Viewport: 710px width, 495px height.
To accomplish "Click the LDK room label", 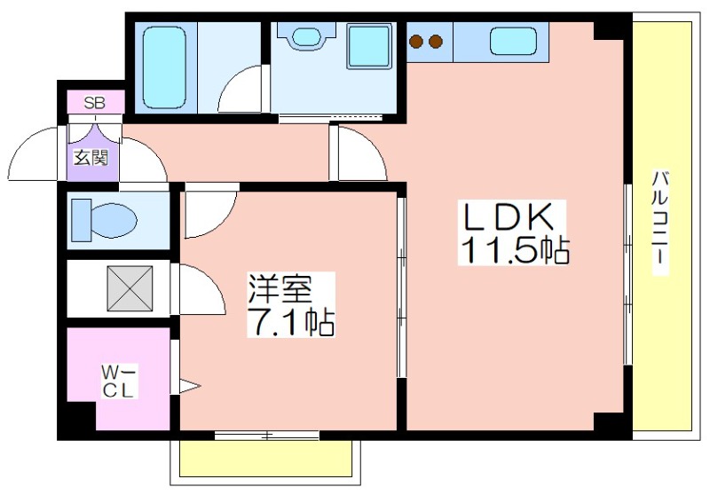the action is [x=507, y=216].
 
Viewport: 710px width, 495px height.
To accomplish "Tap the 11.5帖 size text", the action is [x=515, y=249].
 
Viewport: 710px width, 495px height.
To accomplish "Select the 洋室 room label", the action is [x=280, y=287].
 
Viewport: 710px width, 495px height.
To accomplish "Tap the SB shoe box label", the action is [x=95, y=103].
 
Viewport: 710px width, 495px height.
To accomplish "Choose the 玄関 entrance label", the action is [x=91, y=158].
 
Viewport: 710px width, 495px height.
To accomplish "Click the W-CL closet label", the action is [x=118, y=381].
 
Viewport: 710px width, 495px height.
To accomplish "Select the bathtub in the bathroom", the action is [x=164, y=68].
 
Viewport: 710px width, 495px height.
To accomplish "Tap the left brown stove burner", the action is [x=416, y=42].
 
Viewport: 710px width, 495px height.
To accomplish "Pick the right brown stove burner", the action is [x=435, y=42].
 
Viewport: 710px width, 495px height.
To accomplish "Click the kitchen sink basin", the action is [x=513, y=41].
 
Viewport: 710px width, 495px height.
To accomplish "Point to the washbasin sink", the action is [x=306, y=35].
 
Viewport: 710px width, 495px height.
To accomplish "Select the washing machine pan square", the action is [x=369, y=46].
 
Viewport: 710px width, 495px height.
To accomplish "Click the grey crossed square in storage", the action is [x=130, y=288].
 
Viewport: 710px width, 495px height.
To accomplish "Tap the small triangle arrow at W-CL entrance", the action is [x=189, y=386].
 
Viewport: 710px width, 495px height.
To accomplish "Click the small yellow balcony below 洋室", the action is [x=265, y=458].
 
